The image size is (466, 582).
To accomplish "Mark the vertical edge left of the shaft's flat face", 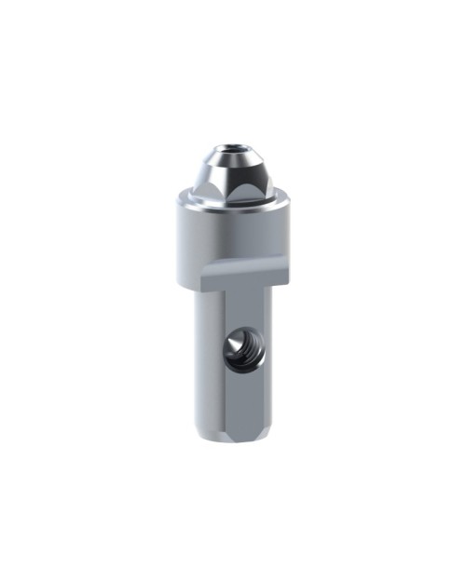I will coord(224,372).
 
